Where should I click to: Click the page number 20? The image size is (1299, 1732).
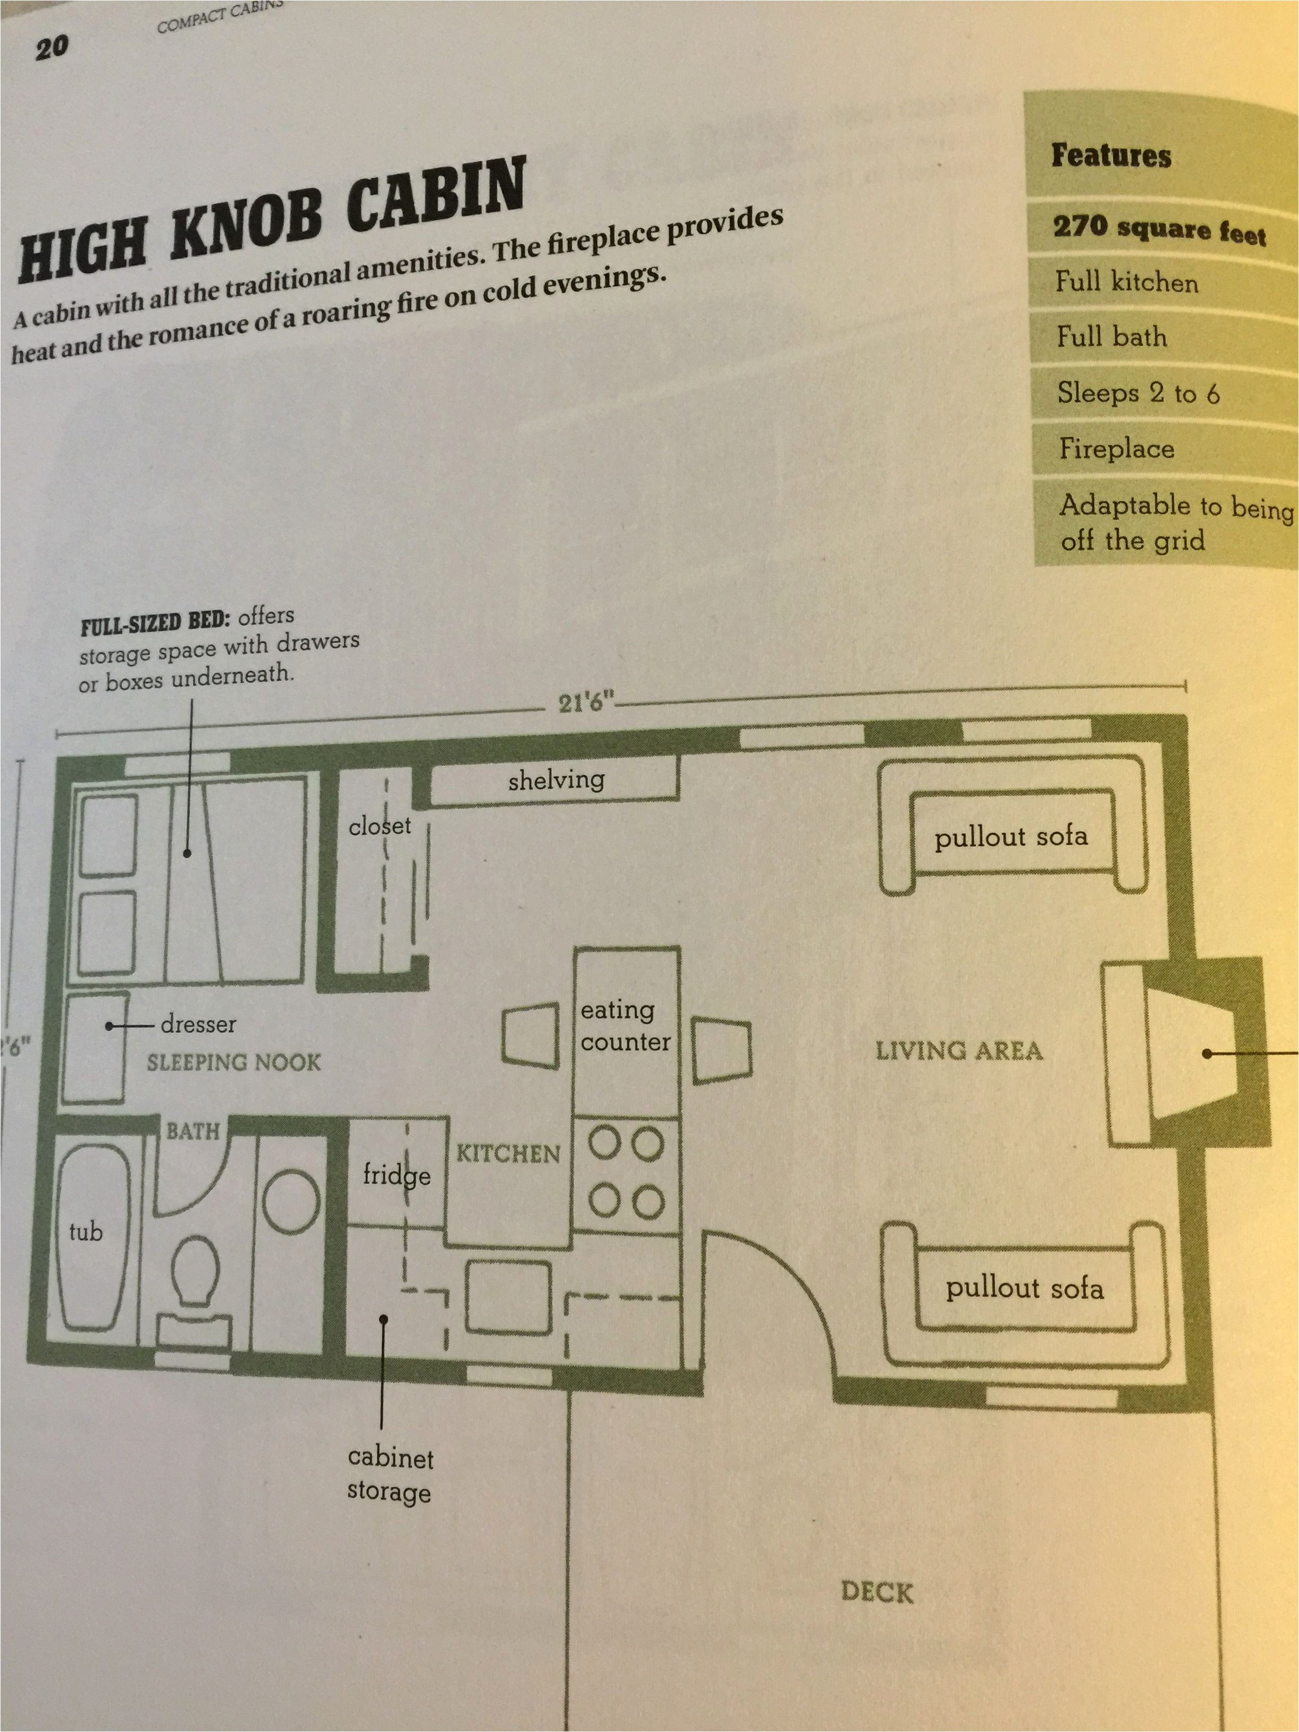51,48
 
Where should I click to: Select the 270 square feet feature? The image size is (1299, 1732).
1159,230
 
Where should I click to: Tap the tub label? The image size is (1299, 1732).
86,1233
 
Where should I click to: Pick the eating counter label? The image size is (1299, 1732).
625,1026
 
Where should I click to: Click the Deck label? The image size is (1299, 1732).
877,1592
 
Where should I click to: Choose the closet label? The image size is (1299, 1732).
380,825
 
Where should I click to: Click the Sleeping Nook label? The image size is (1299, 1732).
233,1062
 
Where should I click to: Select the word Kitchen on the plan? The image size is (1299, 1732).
508,1154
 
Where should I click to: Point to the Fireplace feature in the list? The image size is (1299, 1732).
1116,449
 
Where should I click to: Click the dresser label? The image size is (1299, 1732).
198,1024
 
